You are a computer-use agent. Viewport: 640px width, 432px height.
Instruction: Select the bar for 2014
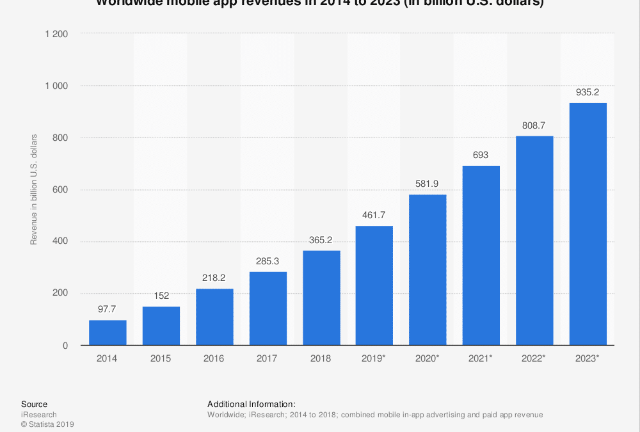(x=108, y=333)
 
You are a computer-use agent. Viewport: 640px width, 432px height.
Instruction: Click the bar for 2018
(x=321, y=298)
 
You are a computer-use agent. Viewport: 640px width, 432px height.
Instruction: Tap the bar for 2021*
(x=481, y=256)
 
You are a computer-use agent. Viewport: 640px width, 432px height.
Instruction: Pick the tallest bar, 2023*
(x=588, y=224)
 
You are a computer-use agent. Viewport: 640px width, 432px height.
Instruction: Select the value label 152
(x=161, y=296)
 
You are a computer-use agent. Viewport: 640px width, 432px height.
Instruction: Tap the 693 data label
(x=481, y=155)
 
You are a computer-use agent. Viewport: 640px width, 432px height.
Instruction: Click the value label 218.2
(x=214, y=278)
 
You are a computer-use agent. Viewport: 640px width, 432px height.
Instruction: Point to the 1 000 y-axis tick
(x=56, y=86)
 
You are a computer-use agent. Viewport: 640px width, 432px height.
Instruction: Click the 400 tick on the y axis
(x=61, y=242)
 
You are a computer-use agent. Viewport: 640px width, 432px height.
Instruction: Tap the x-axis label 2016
(x=214, y=359)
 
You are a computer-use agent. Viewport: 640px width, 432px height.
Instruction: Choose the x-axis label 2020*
(x=428, y=359)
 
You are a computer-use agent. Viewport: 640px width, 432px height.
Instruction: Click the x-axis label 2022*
(x=534, y=359)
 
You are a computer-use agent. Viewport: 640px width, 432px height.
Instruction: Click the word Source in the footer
(x=34, y=404)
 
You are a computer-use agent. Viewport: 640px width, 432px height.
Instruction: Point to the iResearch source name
(x=39, y=415)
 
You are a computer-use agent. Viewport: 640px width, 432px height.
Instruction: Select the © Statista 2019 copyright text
(x=47, y=424)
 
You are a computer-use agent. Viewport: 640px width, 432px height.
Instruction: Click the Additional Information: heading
(x=252, y=404)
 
